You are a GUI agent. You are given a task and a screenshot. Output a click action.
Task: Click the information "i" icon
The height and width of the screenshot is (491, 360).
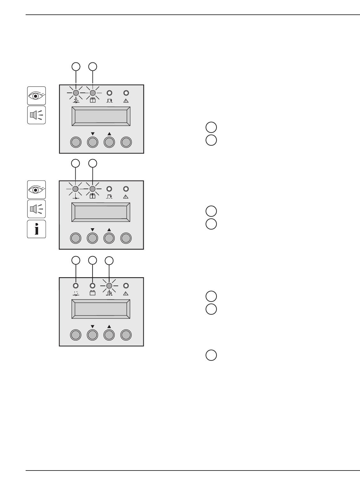click(x=37, y=229)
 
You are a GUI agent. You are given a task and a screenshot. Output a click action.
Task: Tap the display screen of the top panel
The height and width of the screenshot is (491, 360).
click(x=101, y=116)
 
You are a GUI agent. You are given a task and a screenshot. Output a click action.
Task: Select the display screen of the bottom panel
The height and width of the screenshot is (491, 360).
click(x=101, y=309)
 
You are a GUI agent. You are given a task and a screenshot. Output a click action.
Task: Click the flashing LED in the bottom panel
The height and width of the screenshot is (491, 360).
click(x=109, y=286)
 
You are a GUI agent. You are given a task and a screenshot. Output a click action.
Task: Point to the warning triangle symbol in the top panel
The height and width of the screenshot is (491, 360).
click(x=126, y=100)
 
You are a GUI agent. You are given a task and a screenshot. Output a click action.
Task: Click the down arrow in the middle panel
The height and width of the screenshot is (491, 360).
click(x=93, y=229)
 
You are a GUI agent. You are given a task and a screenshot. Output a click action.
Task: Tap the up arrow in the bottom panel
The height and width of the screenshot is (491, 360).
click(x=109, y=326)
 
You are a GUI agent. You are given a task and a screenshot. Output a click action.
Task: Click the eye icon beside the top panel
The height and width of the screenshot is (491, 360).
click(x=37, y=95)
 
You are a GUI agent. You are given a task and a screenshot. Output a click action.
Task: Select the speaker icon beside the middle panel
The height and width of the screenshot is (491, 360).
click(x=37, y=209)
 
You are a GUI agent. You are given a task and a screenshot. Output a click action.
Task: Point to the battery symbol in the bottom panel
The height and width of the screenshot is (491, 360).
click(x=93, y=293)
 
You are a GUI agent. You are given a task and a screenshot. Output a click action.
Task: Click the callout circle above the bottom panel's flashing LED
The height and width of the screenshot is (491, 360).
click(x=109, y=261)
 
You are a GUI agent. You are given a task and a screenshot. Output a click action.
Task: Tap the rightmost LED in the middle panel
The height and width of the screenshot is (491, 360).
click(x=126, y=189)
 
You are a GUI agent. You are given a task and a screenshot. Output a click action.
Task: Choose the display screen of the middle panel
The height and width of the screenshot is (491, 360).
click(x=101, y=212)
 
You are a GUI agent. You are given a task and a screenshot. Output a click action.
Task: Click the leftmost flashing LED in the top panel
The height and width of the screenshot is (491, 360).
click(x=76, y=93)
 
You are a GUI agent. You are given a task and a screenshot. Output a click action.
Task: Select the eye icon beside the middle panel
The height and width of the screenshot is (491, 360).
click(x=37, y=189)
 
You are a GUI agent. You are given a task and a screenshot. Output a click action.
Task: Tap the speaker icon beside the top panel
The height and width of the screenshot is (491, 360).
click(x=37, y=115)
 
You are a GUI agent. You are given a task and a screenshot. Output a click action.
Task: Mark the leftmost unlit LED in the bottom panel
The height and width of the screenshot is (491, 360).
click(x=76, y=286)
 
